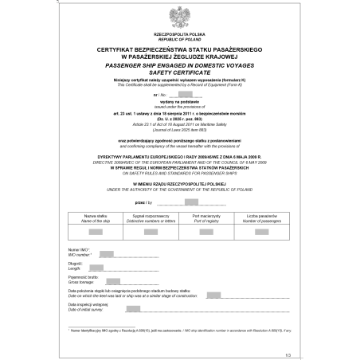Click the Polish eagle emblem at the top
(179, 16)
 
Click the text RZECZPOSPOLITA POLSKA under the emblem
(179, 35)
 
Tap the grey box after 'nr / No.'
(188, 94)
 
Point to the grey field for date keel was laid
(213, 294)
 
